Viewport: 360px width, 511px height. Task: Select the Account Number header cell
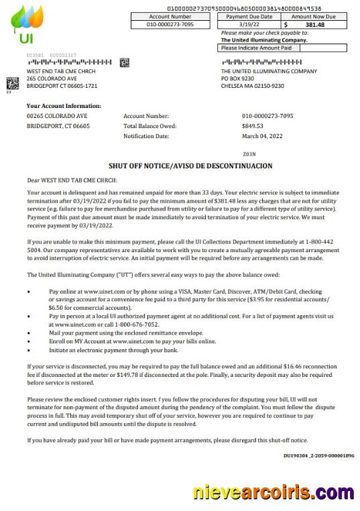[170, 16]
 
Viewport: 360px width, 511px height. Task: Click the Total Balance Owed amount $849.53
[253, 125]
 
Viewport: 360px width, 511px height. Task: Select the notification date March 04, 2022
[262, 135]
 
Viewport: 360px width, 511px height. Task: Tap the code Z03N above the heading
[249, 154]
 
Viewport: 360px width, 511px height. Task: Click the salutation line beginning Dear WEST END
[72, 180]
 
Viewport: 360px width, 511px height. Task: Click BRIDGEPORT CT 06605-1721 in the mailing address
[62, 86]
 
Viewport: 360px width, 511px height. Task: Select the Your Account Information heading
[64, 106]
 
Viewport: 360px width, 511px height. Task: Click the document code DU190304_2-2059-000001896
[318, 455]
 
